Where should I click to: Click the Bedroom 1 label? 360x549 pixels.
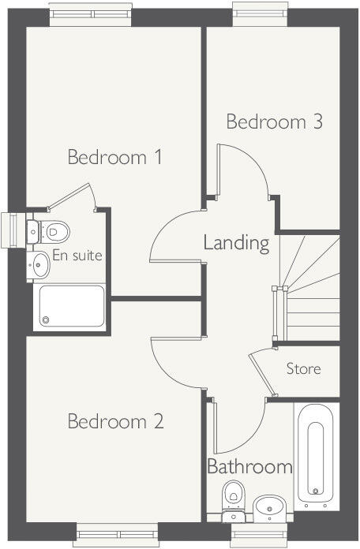point(115,157)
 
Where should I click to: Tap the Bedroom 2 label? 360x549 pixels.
point(115,422)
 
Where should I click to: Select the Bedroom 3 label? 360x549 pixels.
point(275,122)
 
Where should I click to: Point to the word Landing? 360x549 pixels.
point(236,242)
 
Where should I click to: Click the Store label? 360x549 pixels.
point(303,368)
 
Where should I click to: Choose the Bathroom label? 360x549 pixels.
point(249,466)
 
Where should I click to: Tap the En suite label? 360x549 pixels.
point(77,256)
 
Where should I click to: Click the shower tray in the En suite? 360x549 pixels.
point(71,306)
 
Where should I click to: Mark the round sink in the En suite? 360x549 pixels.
point(39,264)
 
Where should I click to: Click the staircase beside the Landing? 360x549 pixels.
point(311,288)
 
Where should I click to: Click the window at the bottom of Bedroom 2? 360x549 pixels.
point(115,533)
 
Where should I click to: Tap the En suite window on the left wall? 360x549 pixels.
point(12,230)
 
